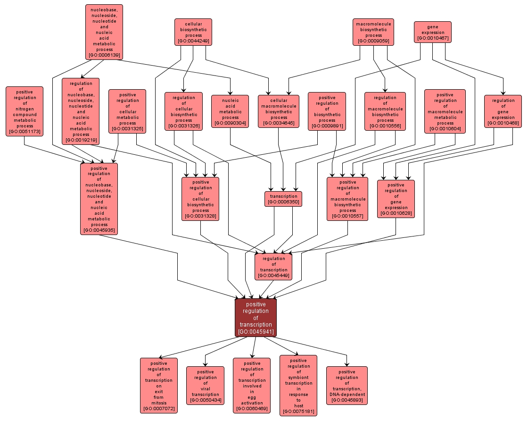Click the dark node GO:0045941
[x=256, y=318]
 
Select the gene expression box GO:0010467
[x=432, y=32]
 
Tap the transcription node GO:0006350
[x=283, y=199]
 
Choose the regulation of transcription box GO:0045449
[x=273, y=267]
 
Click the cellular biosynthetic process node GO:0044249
[x=193, y=32]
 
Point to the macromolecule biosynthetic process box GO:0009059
[x=373, y=32]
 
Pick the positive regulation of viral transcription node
[x=205, y=385]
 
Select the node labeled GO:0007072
[x=159, y=385]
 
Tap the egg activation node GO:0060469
[x=252, y=385]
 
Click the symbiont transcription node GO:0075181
[x=298, y=385]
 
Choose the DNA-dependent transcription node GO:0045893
[x=346, y=385]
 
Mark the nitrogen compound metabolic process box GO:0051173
[x=25, y=111]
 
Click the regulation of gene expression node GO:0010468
[x=503, y=111]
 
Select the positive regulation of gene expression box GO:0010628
[x=396, y=199]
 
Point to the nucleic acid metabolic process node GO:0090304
[x=230, y=111]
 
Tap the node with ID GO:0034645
[x=279, y=111]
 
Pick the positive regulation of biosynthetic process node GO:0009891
[x=327, y=111]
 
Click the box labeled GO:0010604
[x=445, y=111]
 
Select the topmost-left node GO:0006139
[x=104, y=32]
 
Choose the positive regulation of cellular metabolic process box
[x=127, y=111]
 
